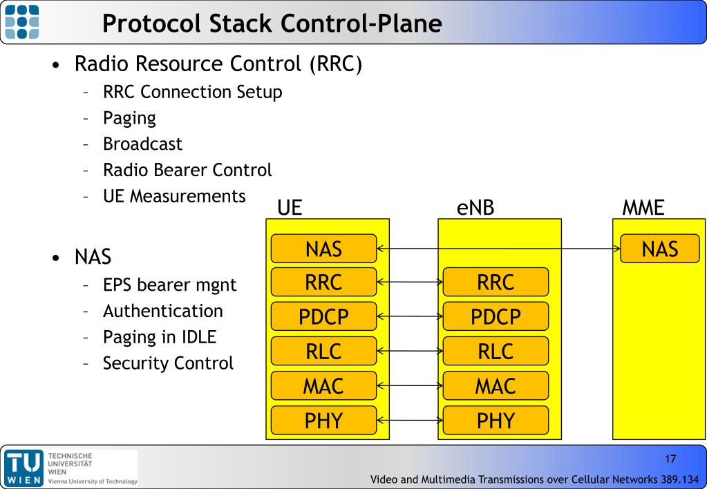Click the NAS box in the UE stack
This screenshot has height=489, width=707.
(323, 249)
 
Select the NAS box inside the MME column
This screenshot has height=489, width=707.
(659, 249)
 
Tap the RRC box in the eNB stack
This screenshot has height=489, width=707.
(496, 282)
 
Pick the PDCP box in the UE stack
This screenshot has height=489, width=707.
(323, 316)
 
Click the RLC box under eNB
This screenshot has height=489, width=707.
(496, 351)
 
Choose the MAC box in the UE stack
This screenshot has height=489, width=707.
(323, 386)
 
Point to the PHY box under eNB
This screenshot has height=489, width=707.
(496, 421)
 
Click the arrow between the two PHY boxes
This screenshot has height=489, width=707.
(410, 421)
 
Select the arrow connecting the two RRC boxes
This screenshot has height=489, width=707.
(410, 282)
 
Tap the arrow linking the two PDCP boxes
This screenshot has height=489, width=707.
(410, 316)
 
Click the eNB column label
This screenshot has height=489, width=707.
(475, 208)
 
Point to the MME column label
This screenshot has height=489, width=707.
(643, 208)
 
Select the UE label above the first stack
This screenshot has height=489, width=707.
(290, 208)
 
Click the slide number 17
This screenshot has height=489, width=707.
(670, 459)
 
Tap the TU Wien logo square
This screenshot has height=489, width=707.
(24, 468)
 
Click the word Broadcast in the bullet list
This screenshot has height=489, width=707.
(142, 144)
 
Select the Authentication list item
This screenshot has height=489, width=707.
(163, 311)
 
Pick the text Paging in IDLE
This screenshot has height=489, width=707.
(160, 337)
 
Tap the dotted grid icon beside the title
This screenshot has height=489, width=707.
(21, 21)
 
